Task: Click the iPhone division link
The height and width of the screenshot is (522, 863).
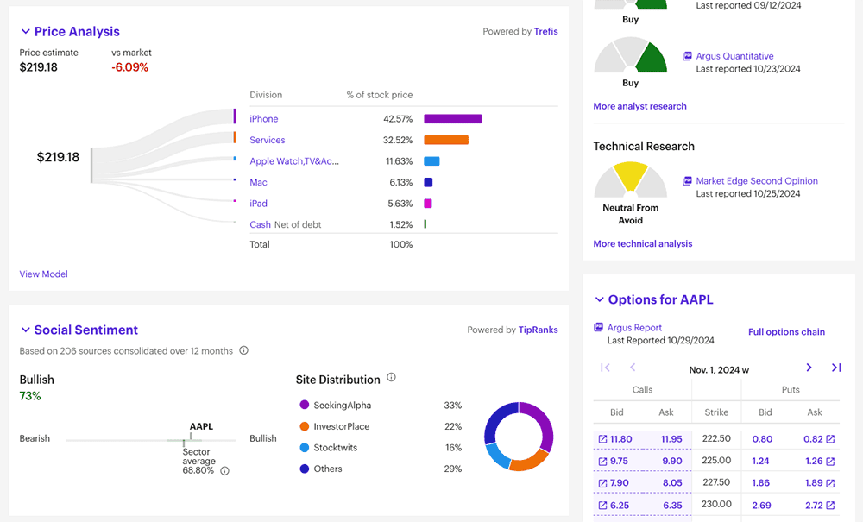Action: (264, 119)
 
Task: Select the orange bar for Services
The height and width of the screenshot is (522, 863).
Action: (446, 140)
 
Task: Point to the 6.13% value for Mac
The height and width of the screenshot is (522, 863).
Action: (400, 182)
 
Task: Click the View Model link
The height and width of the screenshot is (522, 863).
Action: (43, 274)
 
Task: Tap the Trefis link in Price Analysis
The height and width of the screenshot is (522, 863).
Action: (545, 32)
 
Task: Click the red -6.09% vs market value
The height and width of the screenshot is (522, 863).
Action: (129, 67)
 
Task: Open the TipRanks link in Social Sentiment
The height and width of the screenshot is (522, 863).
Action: (538, 330)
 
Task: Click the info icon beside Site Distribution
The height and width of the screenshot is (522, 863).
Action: (391, 378)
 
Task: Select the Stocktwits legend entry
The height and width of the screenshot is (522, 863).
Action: (336, 448)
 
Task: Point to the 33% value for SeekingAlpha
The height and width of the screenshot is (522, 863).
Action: (453, 406)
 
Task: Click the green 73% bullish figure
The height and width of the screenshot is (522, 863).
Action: (30, 396)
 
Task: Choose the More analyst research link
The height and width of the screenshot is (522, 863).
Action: (639, 106)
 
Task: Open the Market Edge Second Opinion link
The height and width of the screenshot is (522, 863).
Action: (756, 181)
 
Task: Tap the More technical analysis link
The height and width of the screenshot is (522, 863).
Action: (642, 244)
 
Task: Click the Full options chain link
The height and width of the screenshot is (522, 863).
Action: (786, 332)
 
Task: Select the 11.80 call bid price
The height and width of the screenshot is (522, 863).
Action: (620, 439)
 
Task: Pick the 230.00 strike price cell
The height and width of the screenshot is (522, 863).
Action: (716, 506)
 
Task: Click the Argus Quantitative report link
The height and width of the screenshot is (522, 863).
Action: (734, 56)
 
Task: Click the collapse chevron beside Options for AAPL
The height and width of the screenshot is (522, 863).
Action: (600, 300)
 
